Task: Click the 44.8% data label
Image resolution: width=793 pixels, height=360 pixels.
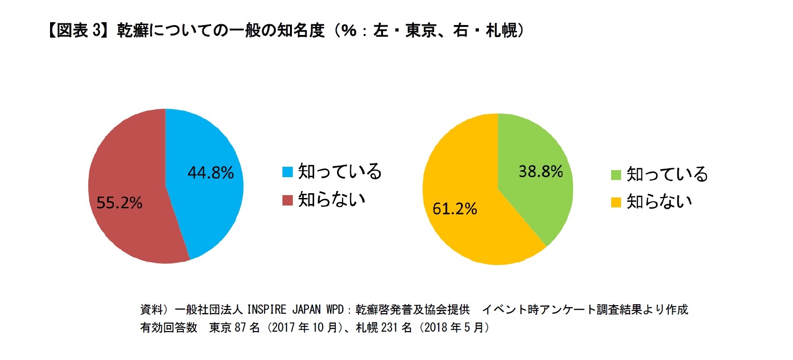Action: pos(211,172)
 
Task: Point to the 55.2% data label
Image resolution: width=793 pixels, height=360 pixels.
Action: pos(119,203)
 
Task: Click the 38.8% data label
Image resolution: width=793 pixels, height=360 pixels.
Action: pos(541,171)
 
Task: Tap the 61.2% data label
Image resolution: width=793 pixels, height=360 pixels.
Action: pos(455,208)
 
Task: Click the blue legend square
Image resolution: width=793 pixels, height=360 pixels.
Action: pos(287,172)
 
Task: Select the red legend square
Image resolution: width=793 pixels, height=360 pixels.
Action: pos(287,200)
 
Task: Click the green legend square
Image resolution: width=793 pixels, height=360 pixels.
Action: pos(616,175)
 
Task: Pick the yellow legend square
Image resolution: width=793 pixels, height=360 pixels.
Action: pos(616,203)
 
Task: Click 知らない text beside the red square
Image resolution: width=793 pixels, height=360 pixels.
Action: pos(332,199)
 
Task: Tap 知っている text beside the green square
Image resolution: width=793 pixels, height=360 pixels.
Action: pos(667,174)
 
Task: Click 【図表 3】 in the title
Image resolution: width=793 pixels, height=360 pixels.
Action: pos(77,31)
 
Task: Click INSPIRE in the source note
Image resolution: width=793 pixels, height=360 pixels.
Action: pos(266,309)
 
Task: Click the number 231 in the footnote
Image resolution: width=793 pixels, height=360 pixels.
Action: pos(389,327)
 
